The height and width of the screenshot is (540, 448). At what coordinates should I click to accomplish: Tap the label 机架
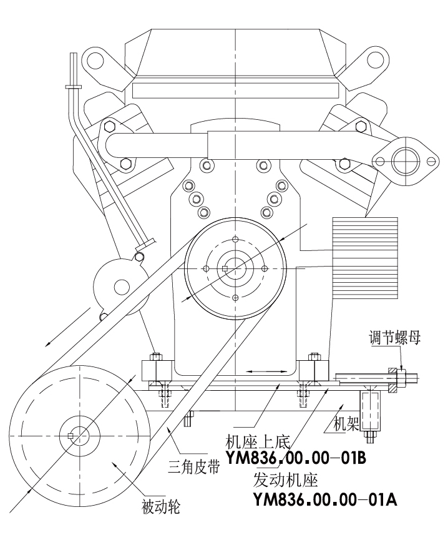point(348,426)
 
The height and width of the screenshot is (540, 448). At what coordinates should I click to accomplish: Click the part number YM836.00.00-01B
point(295,459)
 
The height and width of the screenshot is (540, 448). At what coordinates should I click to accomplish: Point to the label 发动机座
point(286,480)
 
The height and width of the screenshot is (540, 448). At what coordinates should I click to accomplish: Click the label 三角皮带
point(194,466)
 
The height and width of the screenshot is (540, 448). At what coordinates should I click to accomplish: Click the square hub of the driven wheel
point(71,435)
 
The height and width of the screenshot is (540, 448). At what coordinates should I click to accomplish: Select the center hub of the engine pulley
point(235,268)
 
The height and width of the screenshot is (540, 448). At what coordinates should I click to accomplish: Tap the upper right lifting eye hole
point(376,61)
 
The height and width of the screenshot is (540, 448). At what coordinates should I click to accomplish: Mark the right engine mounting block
point(312,371)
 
